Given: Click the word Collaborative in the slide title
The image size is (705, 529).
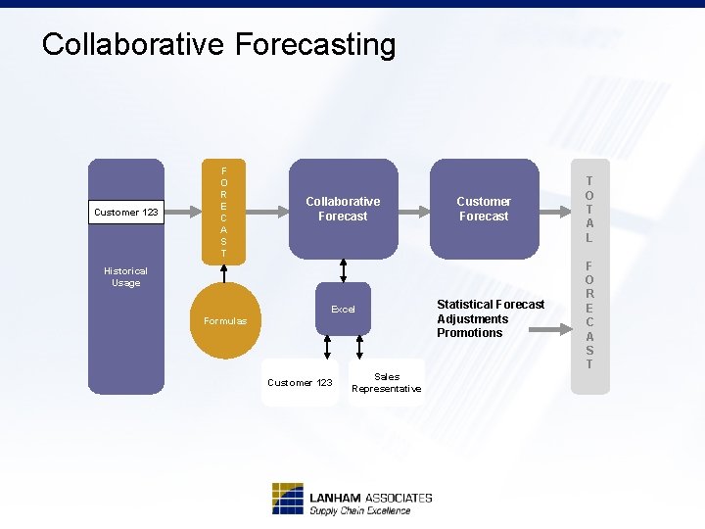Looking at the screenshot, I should point(133,44).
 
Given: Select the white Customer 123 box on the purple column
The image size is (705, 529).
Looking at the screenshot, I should point(125,212).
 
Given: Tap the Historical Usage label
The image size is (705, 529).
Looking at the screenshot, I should point(125,276).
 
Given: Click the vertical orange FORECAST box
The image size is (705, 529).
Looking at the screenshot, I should point(223,212).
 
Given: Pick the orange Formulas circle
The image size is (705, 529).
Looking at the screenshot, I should point(225,320).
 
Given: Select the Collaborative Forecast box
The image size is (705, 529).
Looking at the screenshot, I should point(343,209).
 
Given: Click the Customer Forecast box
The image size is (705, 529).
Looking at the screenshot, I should point(484,209).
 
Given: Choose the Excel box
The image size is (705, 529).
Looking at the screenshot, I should point(343,310).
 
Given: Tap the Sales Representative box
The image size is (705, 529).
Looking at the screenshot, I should point(387,382).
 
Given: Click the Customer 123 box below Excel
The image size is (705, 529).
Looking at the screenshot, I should point(300,382).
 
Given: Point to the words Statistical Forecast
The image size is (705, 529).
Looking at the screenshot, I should point(491,305).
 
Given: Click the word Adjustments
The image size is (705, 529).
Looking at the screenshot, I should point(472,318).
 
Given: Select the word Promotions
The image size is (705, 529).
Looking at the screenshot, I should point(469,333).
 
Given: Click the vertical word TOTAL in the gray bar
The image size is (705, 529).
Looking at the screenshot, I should point(589,209).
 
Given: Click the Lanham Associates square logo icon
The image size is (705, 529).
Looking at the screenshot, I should point(288,499).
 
